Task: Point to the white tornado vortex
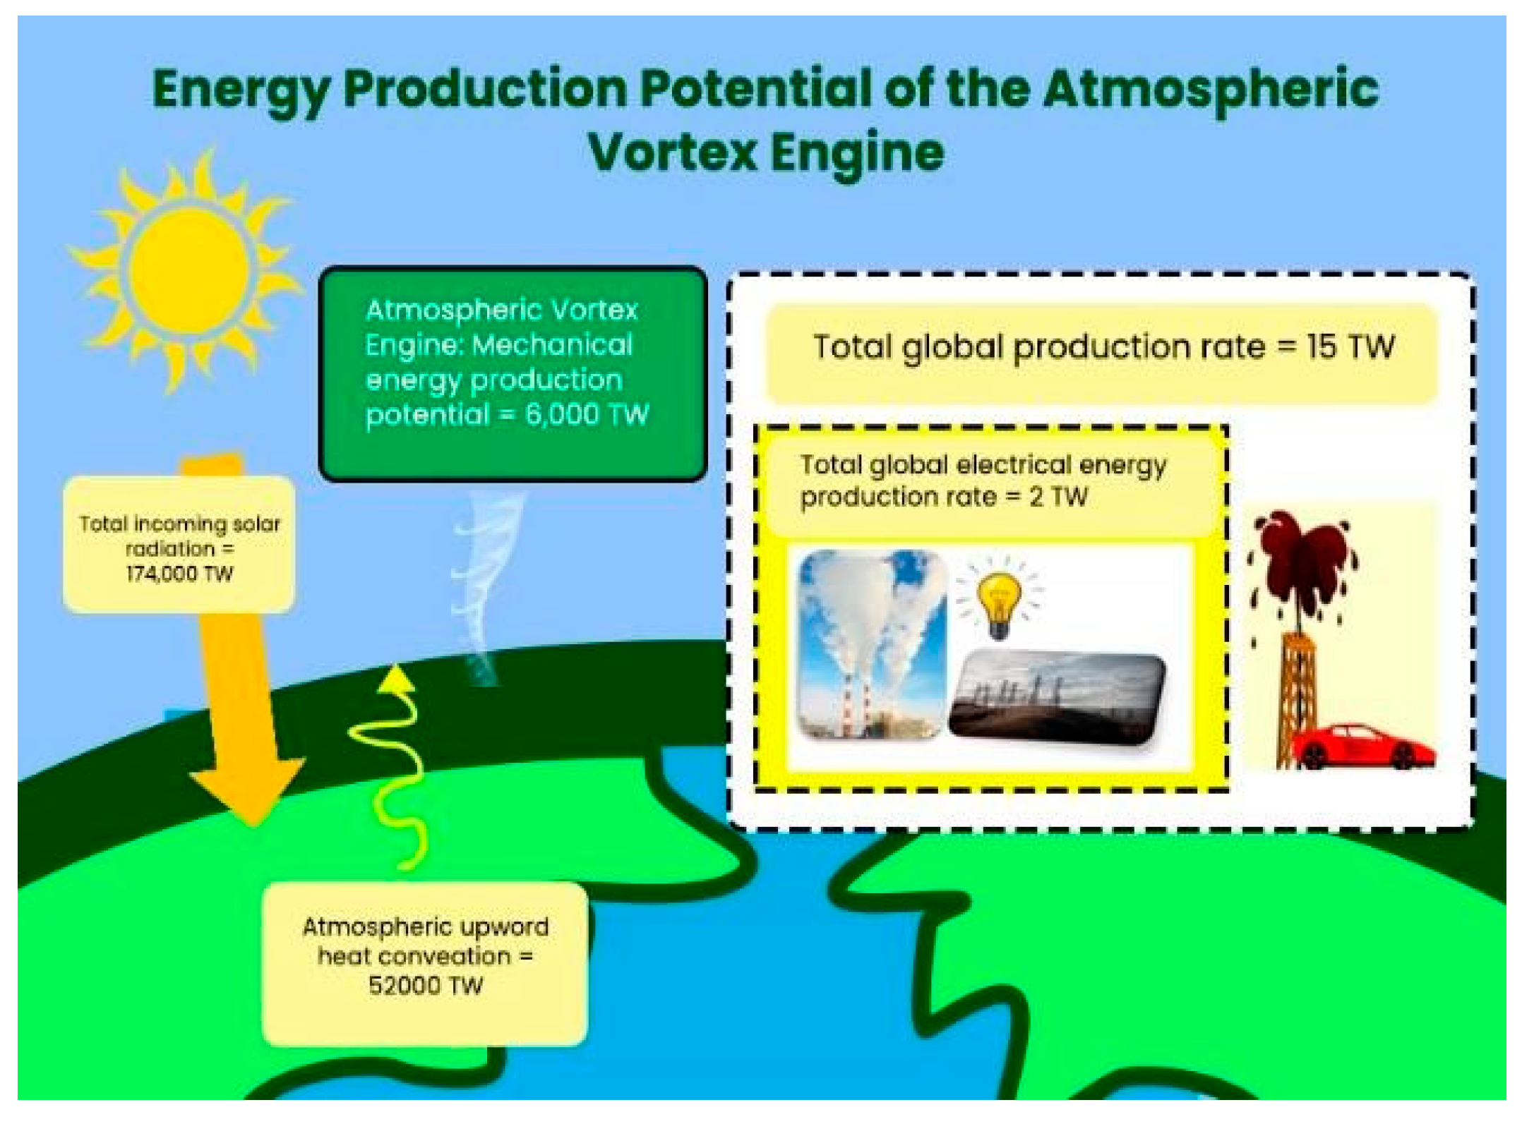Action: point(484,586)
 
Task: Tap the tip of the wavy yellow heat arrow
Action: point(397,665)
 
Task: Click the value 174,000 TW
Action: point(179,574)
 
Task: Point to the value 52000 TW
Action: point(426,985)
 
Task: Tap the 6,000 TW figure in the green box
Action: point(587,415)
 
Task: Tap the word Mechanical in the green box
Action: point(552,345)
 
